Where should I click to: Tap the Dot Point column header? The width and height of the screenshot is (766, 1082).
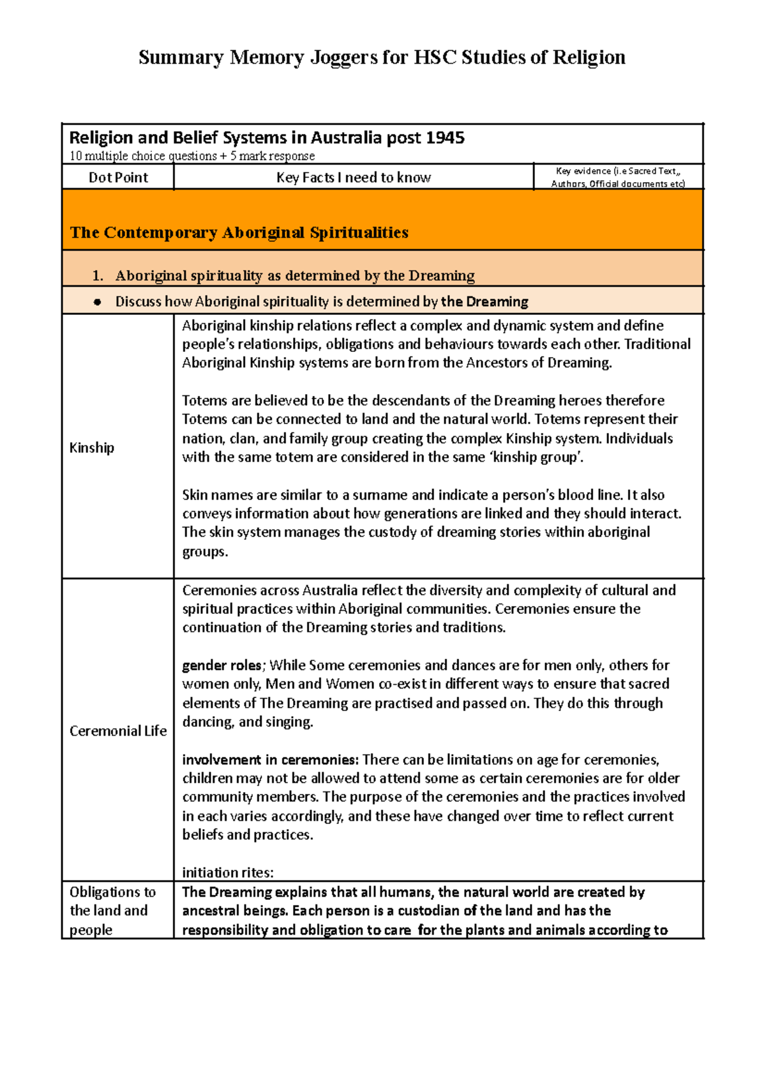click(118, 178)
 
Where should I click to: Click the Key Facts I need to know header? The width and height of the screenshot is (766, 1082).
click(353, 178)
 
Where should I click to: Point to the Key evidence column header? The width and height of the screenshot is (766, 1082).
click(618, 177)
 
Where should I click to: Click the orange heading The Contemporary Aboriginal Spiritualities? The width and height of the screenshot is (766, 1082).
click(239, 232)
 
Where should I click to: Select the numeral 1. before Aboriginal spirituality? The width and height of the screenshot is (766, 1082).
click(97, 276)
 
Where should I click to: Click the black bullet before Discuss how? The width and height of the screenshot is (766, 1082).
click(97, 302)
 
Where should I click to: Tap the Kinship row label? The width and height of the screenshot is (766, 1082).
click(91, 448)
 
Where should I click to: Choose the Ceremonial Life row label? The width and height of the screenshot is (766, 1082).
click(117, 731)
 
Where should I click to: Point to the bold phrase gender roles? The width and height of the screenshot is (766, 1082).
click(222, 666)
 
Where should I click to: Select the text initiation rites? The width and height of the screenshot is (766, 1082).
click(227, 872)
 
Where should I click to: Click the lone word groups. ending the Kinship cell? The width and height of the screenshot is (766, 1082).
click(205, 552)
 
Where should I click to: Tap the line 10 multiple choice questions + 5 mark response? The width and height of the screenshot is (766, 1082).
click(191, 156)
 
